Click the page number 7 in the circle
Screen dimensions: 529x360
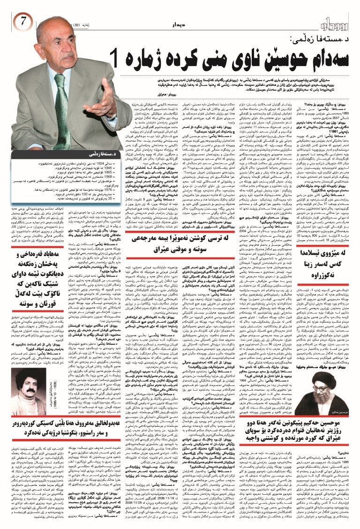click(23, 21)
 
